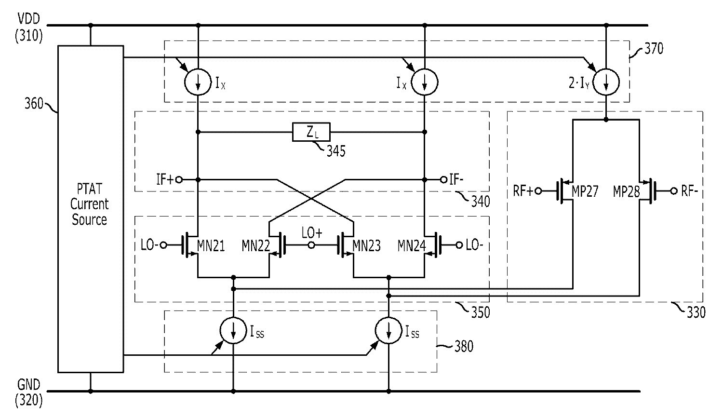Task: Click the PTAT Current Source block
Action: (90, 209)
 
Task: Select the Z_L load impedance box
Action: (311, 132)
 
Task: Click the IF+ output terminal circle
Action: (179, 180)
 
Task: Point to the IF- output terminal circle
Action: (443, 180)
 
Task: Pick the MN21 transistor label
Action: (211, 246)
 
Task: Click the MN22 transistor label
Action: (255, 246)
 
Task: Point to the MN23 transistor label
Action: (366, 246)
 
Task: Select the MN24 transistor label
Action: (411, 246)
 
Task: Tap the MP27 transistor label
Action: (585, 192)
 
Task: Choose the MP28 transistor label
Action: (626, 192)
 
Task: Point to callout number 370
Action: (654, 48)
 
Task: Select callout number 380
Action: (464, 346)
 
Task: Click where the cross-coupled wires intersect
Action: (312, 199)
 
